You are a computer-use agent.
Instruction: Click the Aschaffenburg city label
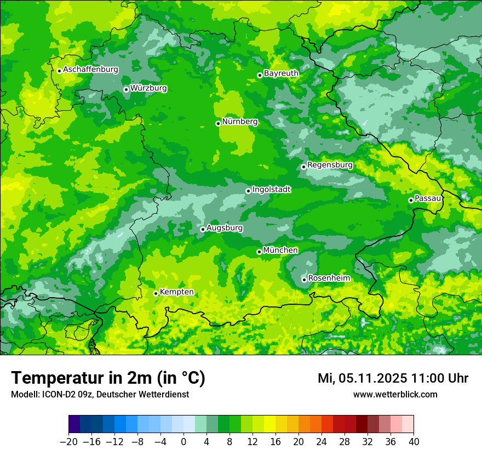(91, 70)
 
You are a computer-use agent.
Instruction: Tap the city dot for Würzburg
(126, 89)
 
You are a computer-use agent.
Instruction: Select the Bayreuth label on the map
(281, 73)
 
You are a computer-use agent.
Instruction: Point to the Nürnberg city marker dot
(218, 123)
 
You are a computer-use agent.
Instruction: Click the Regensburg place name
(330, 164)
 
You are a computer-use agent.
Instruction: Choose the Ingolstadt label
(271, 189)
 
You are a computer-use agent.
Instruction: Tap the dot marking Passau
(411, 200)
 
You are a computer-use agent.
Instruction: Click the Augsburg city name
(225, 228)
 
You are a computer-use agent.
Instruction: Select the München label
(280, 250)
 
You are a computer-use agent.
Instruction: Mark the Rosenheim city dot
(304, 280)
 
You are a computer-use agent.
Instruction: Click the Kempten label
(176, 292)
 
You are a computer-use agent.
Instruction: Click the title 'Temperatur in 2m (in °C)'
(108, 378)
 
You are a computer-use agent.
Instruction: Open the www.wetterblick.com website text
(395, 394)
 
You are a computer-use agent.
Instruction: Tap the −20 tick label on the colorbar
(69, 442)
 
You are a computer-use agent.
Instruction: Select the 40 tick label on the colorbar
(414, 442)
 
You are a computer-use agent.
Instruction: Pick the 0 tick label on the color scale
(183, 442)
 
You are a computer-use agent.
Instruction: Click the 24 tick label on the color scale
(322, 442)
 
